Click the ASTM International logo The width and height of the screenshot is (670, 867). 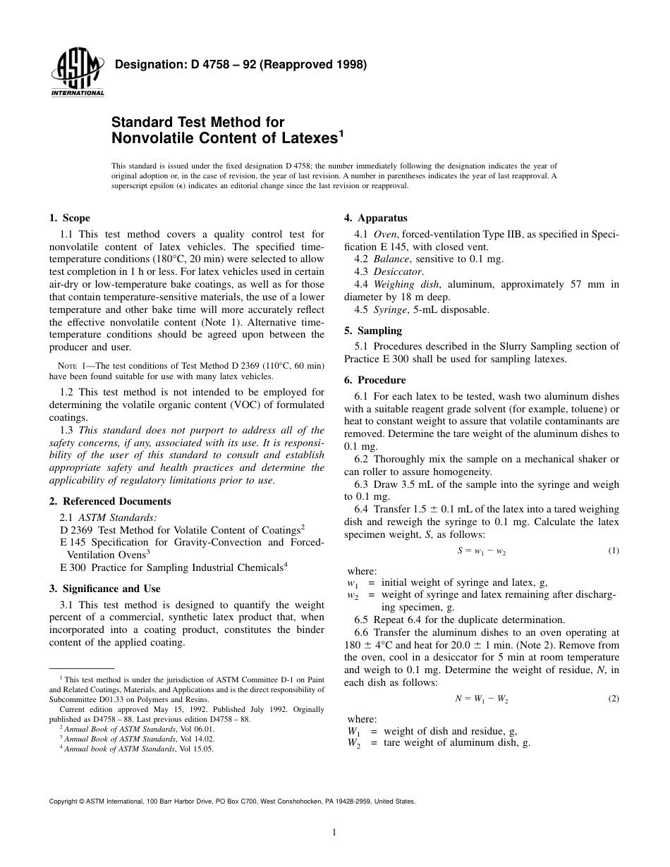pyautogui.click(x=77, y=73)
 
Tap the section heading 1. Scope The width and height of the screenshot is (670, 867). pyautogui.click(x=69, y=219)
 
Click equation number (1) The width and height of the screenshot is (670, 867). pyautogui.click(x=613, y=551)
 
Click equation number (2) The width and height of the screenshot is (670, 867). pyautogui.click(x=613, y=699)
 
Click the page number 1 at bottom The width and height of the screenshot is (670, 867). pyautogui.click(x=334, y=832)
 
